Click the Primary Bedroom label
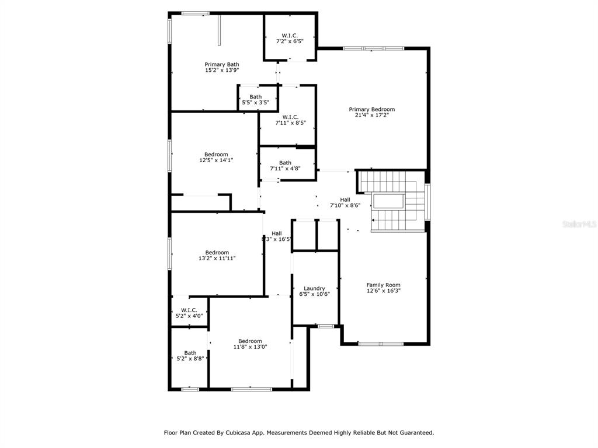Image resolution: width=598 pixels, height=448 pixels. pos(372,109)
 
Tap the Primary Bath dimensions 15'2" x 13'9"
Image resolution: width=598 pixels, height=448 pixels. pos(222,70)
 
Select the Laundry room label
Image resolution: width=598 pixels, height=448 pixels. pos(314,288)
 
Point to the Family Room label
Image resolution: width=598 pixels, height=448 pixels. pos(383,285)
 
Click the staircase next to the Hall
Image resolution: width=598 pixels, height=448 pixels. pos(393,201)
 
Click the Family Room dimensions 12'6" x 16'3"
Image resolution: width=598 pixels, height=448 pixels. pos(383,290)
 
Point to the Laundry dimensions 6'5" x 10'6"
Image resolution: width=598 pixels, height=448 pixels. pos(314,294)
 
